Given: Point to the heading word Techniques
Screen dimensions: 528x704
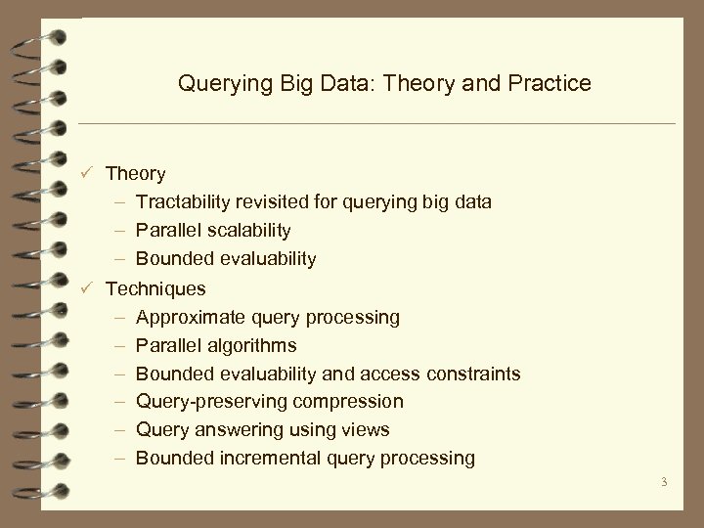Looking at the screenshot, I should point(155,288).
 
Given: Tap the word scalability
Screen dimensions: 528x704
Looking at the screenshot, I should point(244,231).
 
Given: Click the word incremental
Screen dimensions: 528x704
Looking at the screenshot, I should point(270,458).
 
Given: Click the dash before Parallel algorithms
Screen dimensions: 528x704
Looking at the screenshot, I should point(117,345).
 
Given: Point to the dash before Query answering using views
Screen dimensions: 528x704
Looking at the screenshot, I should point(117,430).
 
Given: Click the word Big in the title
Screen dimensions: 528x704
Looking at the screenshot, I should point(281,85).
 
